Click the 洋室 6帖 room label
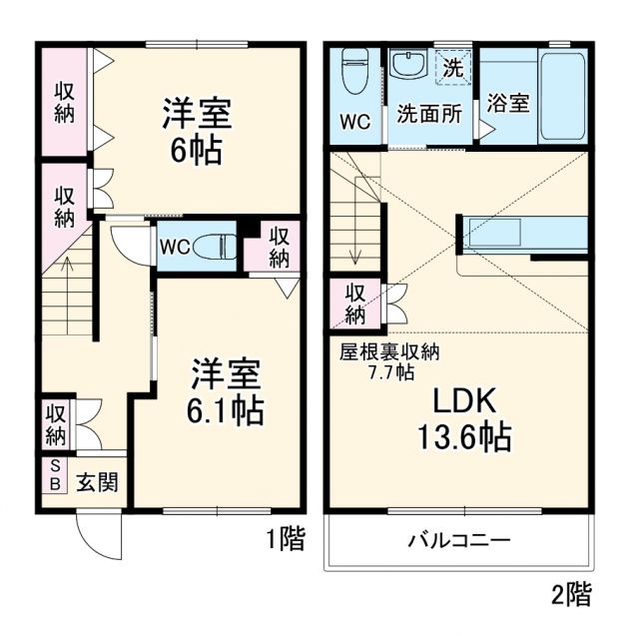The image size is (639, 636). coord(197,131)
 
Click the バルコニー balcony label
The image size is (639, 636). coord(458,541)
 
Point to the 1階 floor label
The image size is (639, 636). coord(285,539)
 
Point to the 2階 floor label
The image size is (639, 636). coord(571,596)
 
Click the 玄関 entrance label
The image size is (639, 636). coord(97,482)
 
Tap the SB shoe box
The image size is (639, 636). coord(54,475)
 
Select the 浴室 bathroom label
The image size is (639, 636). coord(507,103)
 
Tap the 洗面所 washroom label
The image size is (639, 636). coord(429,113)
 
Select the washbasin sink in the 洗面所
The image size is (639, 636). coord(408,66)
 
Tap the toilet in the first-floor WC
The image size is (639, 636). coord(213,247)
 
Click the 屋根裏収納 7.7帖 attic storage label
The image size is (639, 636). coord(389,361)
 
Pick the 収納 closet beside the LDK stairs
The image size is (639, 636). coord(355,304)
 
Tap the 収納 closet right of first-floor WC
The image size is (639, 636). coord(279,247)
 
